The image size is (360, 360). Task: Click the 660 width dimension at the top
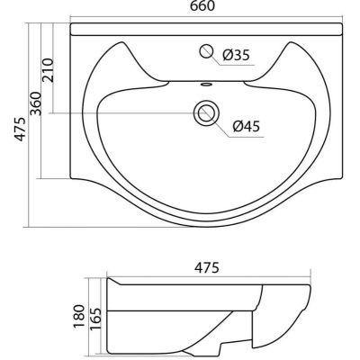(202, 6)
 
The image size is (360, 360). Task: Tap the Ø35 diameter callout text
(236, 55)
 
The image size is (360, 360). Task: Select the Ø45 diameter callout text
(247, 126)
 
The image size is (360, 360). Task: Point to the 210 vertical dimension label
(48, 70)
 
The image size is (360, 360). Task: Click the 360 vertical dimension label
(36, 103)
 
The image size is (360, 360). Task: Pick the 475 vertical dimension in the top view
(21, 130)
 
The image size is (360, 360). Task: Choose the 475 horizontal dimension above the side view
(207, 268)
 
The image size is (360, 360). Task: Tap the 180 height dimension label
(79, 317)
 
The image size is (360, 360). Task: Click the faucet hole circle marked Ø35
(206, 51)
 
